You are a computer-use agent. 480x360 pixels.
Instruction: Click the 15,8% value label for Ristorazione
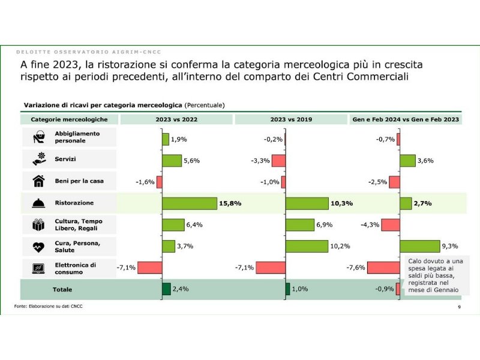pyautogui.click(x=230, y=203)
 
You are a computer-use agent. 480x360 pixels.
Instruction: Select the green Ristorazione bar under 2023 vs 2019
pyautogui.click(x=307, y=203)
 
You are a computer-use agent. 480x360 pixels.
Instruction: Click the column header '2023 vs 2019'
pyautogui.click(x=291, y=119)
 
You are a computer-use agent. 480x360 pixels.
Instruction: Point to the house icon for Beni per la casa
pyautogui.click(x=38, y=181)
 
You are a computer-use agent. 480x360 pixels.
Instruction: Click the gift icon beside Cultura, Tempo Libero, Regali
pyautogui.click(x=38, y=225)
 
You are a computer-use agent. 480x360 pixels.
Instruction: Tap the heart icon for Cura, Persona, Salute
pyautogui.click(x=38, y=247)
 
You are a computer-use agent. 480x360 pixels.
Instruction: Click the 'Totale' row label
pyautogui.click(x=62, y=289)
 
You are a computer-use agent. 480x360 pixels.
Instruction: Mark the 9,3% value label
pyautogui.click(x=449, y=246)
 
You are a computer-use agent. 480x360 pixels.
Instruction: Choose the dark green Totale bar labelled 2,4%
pyautogui.click(x=166, y=289)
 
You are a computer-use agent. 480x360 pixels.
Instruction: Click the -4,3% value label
pyautogui.click(x=370, y=225)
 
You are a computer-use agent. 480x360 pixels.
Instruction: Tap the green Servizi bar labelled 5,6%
pyautogui.click(x=172, y=160)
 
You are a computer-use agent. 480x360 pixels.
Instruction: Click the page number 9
pyautogui.click(x=459, y=307)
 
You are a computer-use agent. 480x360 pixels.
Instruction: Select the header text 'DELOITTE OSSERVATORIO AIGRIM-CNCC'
pyautogui.click(x=88, y=52)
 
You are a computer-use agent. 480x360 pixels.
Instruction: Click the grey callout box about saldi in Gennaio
pyautogui.click(x=435, y=276)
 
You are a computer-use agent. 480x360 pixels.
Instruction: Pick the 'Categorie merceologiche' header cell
pyautogui.click(x=69, y=119)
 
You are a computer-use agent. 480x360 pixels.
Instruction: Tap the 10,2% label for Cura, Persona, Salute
pyautogui.click(x=340, y=246)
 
